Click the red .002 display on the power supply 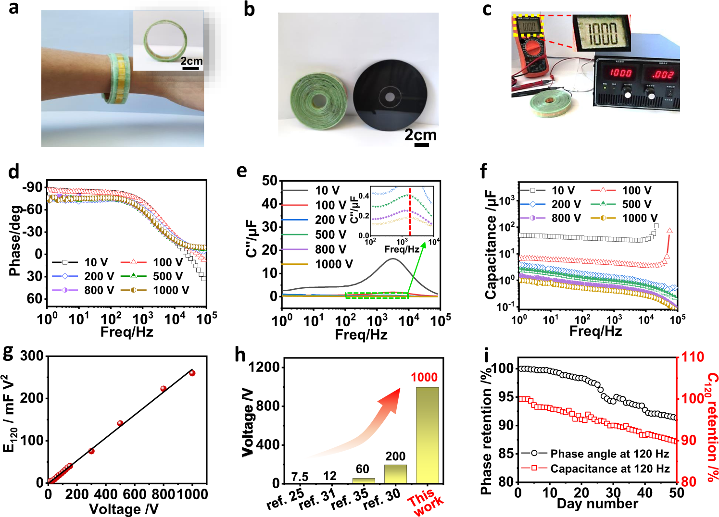click(x=662, y=74)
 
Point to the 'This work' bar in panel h click(x=427, y=435)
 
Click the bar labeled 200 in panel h click(x=395, y=473)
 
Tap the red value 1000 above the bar click(x=424, y=377)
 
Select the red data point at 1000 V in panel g click(x=192, y=373)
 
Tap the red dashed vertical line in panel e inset click(x=410, y=211)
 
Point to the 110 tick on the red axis click(x=693, y=357)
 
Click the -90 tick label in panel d click(x=33, y=187)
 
